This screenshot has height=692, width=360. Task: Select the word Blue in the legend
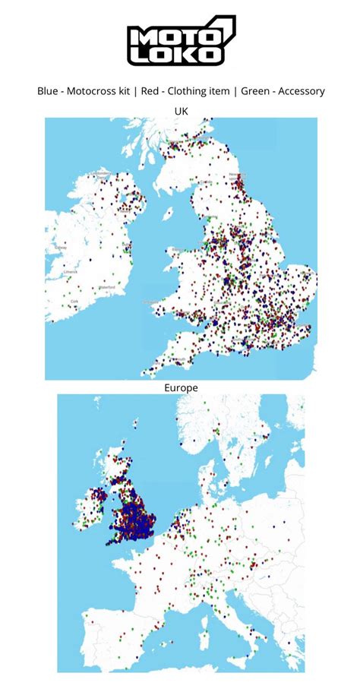(x=49, y=91)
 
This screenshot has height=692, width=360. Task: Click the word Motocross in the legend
(x=96, y=91)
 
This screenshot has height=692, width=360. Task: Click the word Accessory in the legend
(x=302, y=91)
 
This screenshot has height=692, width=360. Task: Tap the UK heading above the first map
(x=181, y=111)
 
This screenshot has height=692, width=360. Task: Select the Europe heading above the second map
(x=181, y=387)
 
